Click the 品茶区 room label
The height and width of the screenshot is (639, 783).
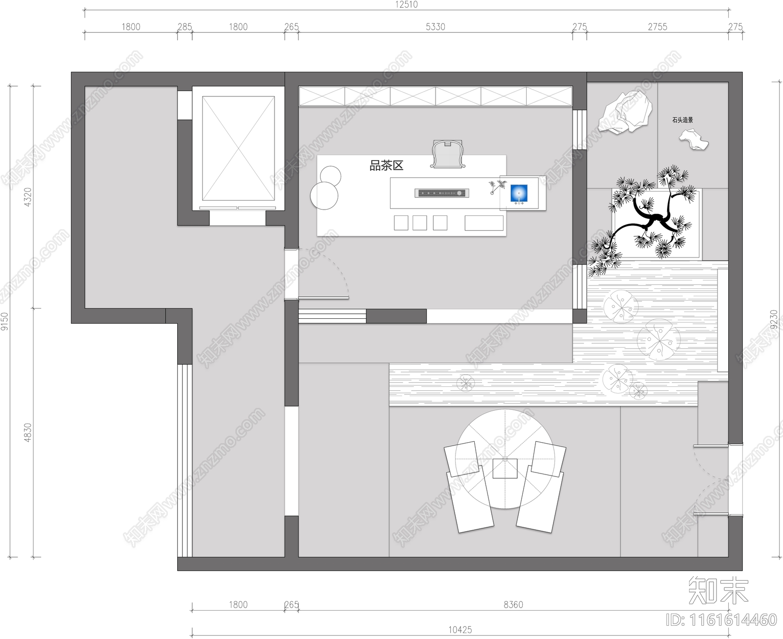point(386,166)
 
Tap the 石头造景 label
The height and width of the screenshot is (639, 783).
point(682,120)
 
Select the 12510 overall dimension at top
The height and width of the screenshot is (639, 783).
point(406,5)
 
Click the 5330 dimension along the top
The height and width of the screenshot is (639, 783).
point(435,27)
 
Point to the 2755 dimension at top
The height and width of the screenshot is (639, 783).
point(657,27)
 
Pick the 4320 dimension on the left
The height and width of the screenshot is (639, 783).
point(28,196)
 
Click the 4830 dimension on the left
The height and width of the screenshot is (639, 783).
point(28,432)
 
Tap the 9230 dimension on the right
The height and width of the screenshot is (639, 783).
point(774,319)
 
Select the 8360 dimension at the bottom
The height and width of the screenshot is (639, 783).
point(513,605)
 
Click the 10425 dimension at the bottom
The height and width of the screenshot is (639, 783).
point(460,630)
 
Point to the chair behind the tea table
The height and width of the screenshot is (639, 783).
point(448,154)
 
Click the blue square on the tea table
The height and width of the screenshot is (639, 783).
point(519,193)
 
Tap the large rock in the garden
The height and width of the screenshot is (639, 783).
point(626,114)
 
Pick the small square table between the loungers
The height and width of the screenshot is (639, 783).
point(505,468)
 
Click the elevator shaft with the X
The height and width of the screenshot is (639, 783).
point(238,148)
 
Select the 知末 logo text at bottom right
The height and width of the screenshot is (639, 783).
point(718,591)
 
